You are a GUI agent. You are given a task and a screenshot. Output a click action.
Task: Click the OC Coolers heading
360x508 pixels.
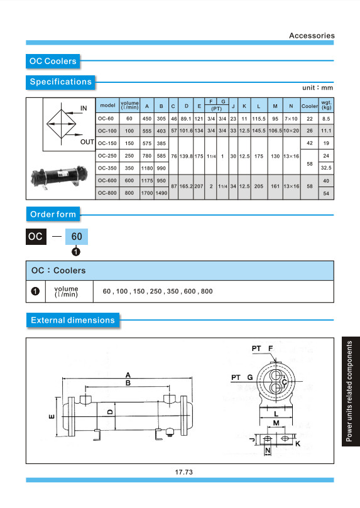(53, 62)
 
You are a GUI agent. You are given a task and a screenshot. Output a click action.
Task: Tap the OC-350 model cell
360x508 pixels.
(107, 168)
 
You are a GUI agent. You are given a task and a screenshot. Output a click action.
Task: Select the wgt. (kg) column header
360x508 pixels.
(326, 105)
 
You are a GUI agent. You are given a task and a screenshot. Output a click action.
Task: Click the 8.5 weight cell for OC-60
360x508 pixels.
(326, 119)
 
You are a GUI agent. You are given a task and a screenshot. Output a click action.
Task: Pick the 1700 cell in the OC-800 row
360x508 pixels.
(147, 193)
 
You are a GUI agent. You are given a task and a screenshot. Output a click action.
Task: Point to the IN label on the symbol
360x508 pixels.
(84, 108)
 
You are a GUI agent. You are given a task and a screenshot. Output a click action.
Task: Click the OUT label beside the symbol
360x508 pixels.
(87, 142)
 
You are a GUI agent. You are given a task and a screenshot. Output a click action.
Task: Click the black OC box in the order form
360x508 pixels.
(36, 237)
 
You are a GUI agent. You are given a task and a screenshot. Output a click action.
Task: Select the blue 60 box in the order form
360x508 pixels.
(77, 237)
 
